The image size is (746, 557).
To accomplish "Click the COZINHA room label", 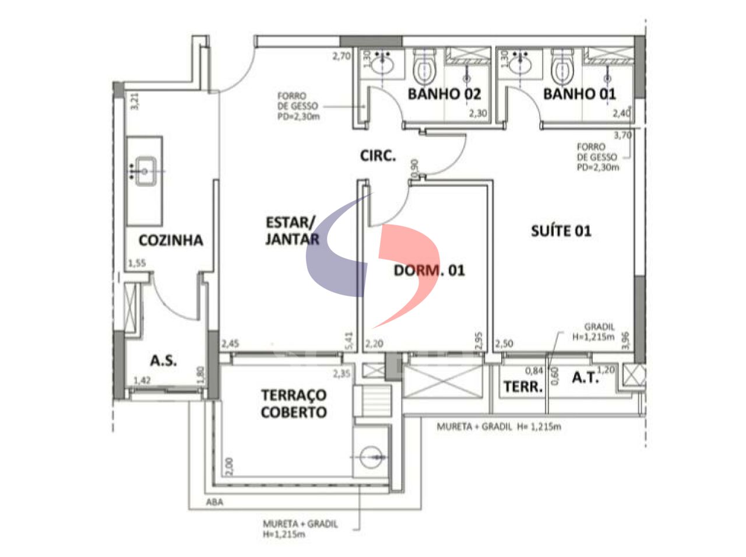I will point(171,240).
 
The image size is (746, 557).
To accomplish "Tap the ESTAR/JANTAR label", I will point(291,230).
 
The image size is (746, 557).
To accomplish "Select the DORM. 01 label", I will point(429,271).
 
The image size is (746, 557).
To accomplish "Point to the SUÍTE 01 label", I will point(561,231).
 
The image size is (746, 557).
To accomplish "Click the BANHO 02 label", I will point(444,94).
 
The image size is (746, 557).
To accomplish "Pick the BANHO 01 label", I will point(579,94).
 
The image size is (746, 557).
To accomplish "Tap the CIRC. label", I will point(378,156).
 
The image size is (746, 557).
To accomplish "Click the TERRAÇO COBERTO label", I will point(294,404).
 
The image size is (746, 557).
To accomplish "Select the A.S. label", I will point(163,360).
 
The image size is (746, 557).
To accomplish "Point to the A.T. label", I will point(585,378).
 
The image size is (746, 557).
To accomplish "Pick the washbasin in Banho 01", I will point(519,61).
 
